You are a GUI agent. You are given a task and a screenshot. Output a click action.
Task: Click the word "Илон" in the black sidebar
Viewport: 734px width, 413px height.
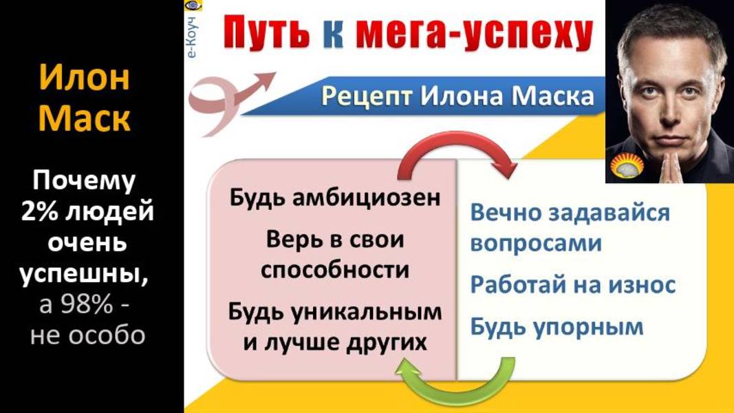click(x=84, y=78)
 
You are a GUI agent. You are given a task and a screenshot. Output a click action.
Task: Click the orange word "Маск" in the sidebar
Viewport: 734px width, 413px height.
click(x=84, y=118)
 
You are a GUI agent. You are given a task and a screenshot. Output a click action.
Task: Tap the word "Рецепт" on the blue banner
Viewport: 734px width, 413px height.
click(x=366, y=96)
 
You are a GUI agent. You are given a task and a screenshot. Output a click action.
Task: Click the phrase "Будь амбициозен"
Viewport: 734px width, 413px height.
click(x=335, y=198)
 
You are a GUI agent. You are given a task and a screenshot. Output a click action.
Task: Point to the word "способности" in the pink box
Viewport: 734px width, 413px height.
click(x=335, y=270)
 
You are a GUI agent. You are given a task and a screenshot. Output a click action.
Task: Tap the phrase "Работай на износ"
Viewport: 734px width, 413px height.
click(x=573, y=284)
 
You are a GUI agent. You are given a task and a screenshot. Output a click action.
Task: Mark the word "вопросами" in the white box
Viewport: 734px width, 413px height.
click(x=536, y=243)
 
